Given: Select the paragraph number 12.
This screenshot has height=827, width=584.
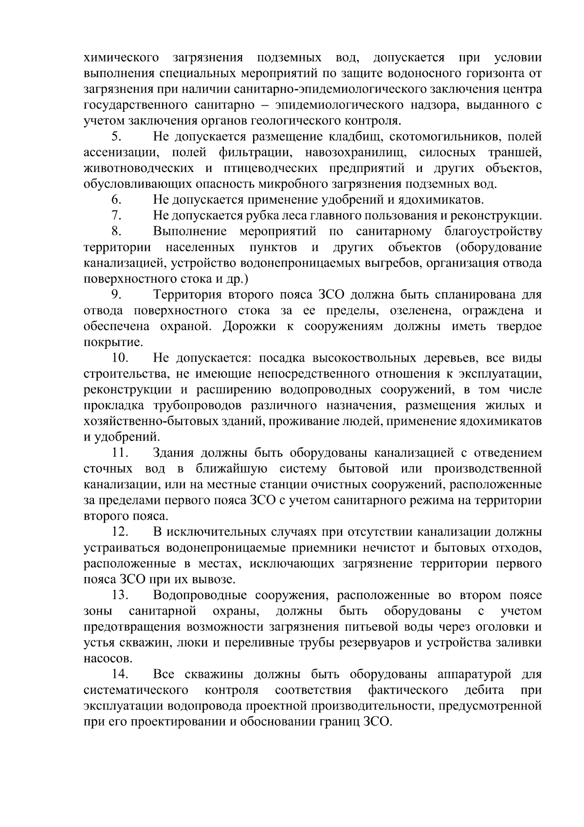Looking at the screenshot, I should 119,532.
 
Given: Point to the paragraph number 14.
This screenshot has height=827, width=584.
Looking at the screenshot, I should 119,674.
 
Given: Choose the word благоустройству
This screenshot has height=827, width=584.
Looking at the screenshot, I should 493,231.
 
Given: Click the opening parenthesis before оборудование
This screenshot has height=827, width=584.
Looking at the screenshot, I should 458,247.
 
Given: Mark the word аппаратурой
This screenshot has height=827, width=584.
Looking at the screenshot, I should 474,674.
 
